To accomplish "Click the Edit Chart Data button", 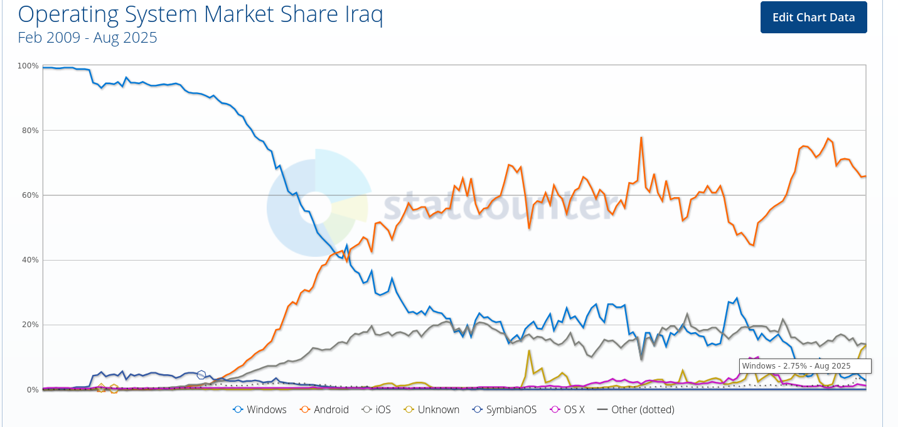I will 813,17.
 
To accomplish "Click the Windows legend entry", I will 260,409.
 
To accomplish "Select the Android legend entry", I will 324,409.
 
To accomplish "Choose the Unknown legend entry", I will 432,409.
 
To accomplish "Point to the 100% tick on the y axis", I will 28,66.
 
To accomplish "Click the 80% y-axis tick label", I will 29,131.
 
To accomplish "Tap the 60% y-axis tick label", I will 29,195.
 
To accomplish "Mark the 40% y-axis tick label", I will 29,260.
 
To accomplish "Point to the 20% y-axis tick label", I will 29,325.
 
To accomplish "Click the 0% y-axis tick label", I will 32,390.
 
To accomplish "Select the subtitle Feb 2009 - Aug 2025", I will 87,38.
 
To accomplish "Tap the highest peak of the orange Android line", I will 641,138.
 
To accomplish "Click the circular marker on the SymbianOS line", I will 201,375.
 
